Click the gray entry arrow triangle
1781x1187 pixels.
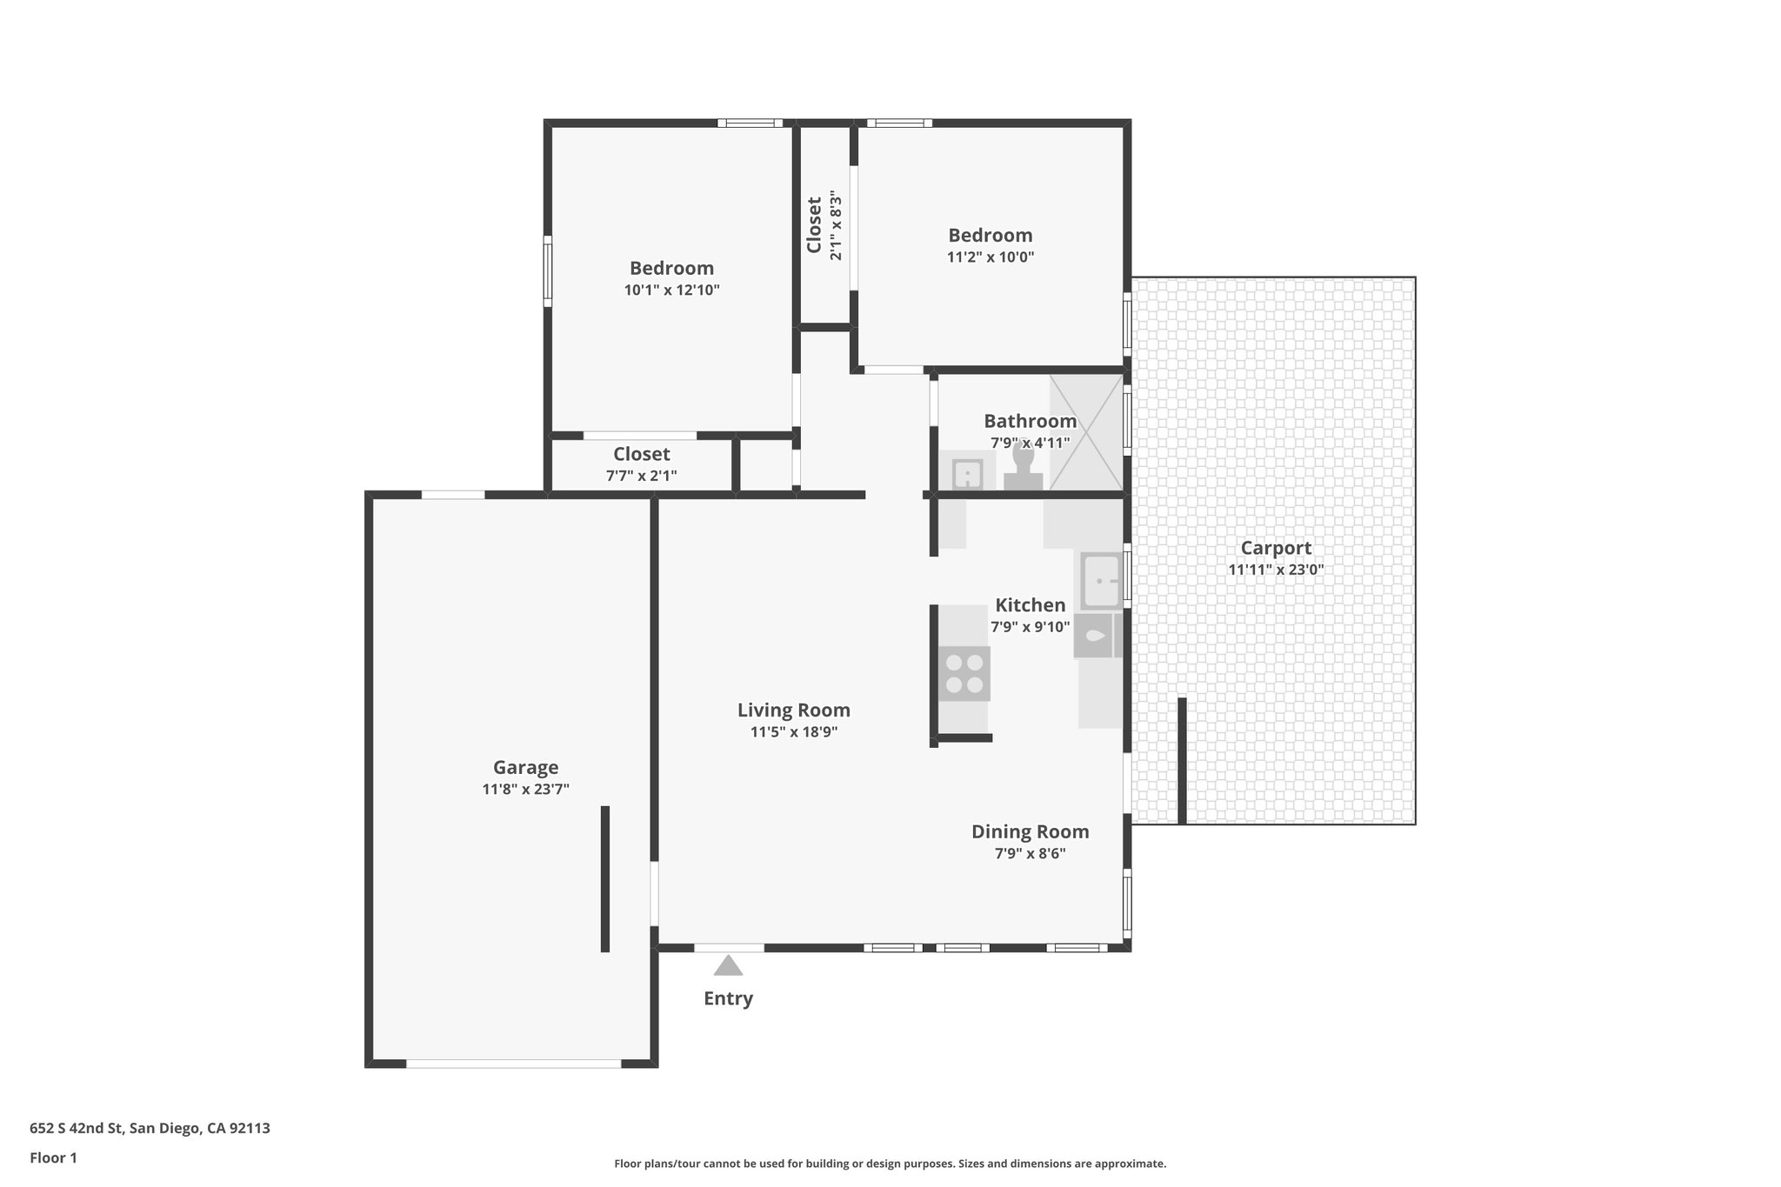click(728, 965)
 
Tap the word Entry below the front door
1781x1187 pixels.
click(728, 998)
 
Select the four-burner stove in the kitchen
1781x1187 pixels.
click(964, 674)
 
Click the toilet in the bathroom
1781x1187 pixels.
click(1023, 470)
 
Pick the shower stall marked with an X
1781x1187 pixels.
click(1086, 432)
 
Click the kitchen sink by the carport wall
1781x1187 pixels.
click(1101, 581)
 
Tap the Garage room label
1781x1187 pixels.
click(525, 767)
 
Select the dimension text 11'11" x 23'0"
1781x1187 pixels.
click(1276, 570)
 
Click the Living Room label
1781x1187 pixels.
click(793, 710)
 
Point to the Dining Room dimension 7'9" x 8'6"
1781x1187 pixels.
click(1030, 854)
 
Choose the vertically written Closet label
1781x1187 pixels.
click(814, 225)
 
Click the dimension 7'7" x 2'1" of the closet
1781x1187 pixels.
click(641, 476)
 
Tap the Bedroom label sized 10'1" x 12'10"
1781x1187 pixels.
click(671, 268)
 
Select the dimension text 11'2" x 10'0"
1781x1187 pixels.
click(990, 257)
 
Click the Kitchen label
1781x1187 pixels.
click(1030, 605)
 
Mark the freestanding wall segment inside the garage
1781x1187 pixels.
click(605, 878)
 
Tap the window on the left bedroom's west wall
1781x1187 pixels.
click(548, 270)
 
